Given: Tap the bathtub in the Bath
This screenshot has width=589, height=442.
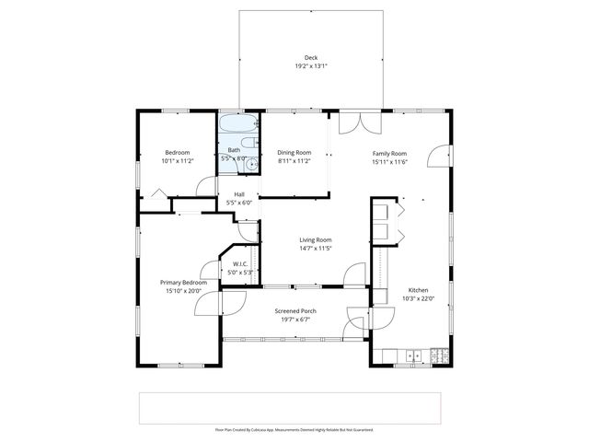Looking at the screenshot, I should pos(237,123).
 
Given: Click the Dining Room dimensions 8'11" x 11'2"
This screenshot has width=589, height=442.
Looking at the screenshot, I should pos(294,161).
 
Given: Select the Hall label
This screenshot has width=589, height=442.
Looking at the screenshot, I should pos(239,194).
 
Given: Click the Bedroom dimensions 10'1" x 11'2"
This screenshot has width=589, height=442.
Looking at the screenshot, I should pos(177,161).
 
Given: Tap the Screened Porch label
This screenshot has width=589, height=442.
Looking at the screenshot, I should pos(295,311).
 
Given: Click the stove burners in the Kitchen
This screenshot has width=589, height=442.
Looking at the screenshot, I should pos(438,355).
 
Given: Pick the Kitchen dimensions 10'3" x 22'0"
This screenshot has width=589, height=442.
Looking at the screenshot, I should pos(419,298).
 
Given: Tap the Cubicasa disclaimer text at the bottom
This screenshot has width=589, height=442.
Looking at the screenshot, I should pos(294,429).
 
